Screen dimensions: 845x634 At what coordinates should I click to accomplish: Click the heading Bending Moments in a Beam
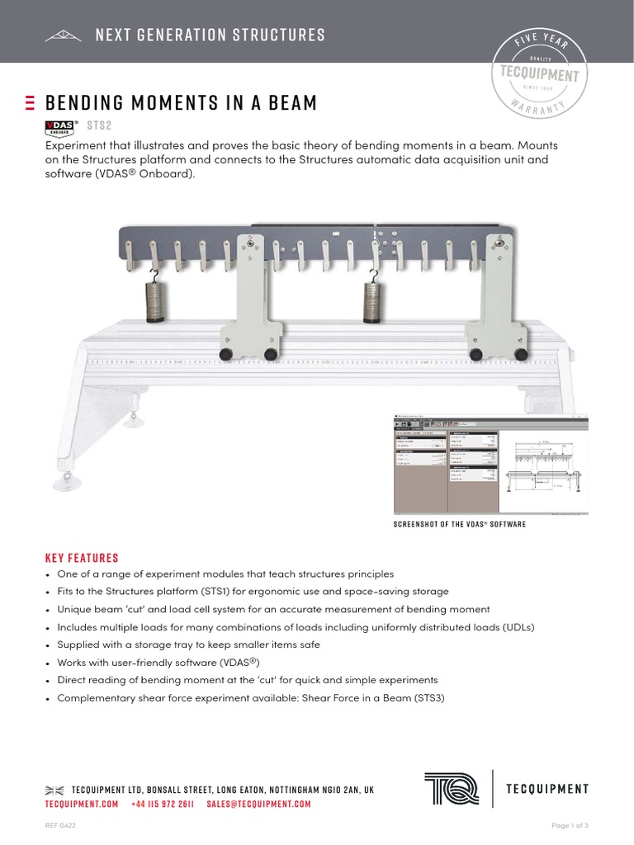(x=181, y=103)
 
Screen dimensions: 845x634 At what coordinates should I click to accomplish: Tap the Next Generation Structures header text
(x=210, y=35)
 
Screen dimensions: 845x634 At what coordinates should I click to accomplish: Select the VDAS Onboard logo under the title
(x=61, y=126)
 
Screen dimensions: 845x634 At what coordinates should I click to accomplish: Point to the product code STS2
(x=98, y=125)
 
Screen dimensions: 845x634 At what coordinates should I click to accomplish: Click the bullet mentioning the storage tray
(x=188, y=644)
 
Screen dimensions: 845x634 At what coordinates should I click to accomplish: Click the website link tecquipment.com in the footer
(x=82, y=804)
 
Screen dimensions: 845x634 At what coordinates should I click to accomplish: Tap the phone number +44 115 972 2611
(x=163, y=804)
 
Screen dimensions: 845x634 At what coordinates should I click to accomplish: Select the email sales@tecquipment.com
(x=258, y=804)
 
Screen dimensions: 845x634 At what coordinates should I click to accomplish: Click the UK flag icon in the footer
(x=54, y=791)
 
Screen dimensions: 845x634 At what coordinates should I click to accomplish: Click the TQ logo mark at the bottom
(x=452, y=788)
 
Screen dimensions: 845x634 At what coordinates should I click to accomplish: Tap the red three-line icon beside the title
(x=31, y=103)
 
